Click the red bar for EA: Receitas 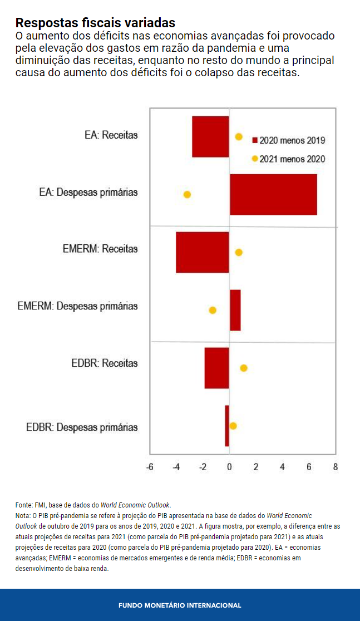point(210,137)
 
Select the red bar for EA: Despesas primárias point(273,194)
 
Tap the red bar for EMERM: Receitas point(203,252)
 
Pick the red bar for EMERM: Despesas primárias point(235,310)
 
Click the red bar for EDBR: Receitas point(217,368)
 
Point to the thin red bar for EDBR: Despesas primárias point(227,426)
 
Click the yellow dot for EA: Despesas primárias point(187,194)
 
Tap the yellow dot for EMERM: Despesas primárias point(212,310)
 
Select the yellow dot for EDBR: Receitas point(243,368)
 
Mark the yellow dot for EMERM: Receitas point(239,252)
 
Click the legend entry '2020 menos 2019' point(288,140)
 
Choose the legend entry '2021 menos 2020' point(288,159)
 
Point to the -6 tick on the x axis point(150,467)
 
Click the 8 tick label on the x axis point(336,467)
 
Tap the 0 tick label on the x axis point(229,467)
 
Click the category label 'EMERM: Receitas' point(100,249)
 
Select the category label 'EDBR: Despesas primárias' point(82,427)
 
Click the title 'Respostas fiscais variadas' point(95,23)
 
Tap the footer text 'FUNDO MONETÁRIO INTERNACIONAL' point(180,605)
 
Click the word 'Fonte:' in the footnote point(24,505)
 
